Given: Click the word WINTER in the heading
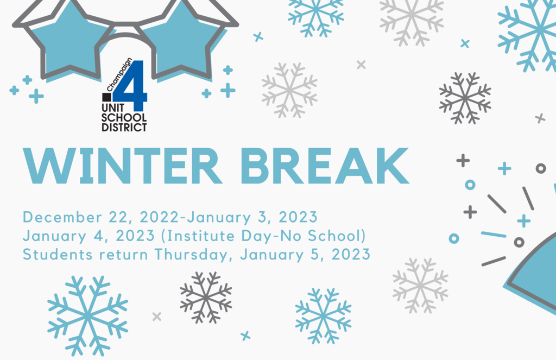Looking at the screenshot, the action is pos(122,166).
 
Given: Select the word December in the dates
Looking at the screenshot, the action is pos(62,217).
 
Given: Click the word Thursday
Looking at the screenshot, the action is pos(191,255).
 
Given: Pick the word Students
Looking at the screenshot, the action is pos(58,254).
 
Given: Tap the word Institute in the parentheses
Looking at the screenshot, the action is pos(200,236).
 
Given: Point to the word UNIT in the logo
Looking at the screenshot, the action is pos(113,108).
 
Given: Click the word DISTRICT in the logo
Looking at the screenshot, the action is pos(124,127).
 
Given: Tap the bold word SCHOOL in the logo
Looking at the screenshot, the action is pos(124,117).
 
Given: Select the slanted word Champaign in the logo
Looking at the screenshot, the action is pos(119,74).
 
